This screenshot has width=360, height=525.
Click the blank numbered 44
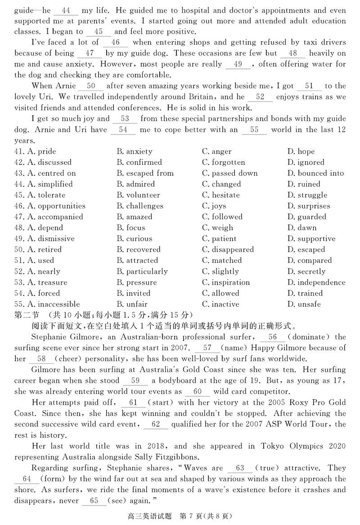click(x=66, y=9)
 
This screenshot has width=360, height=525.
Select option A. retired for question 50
click(x=45, y=249)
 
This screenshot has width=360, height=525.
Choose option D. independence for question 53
click(x=316, y=282)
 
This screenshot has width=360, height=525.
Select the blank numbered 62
click(x=156, y=424)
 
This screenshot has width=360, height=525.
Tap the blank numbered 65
click(x=94, y=501)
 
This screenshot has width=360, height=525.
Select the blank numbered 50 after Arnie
click(x=91, y=86)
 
